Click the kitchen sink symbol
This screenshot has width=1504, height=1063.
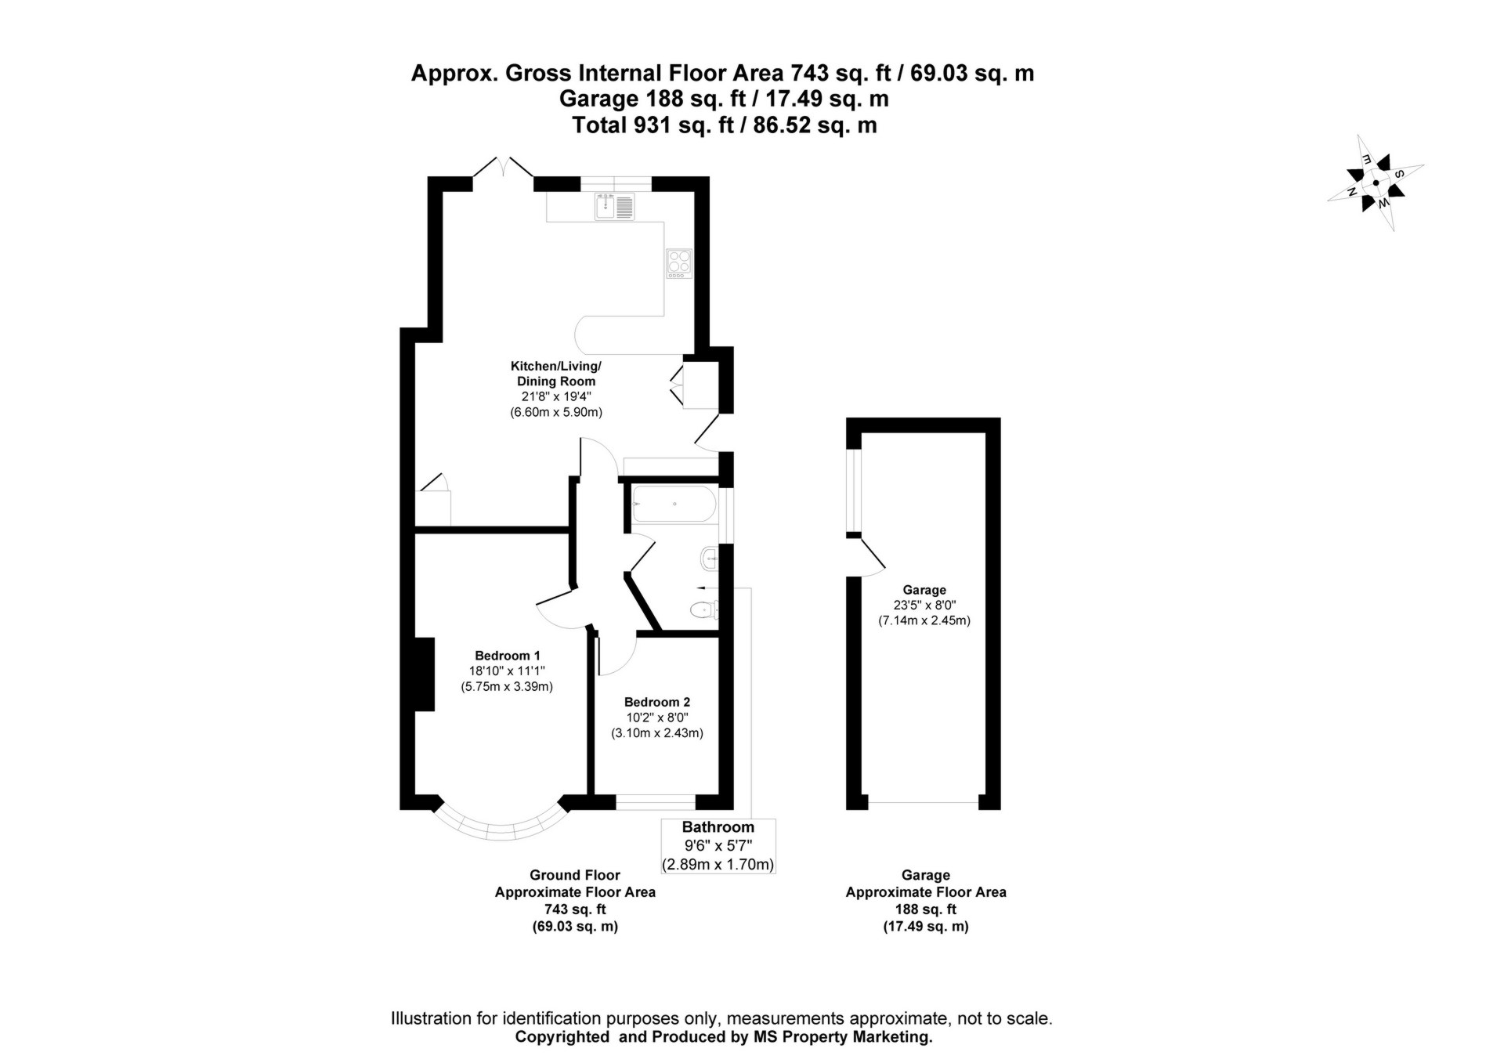614,208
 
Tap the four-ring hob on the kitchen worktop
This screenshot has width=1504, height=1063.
678,263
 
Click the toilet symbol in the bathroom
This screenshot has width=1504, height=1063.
703,609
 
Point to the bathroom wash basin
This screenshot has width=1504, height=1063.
707,559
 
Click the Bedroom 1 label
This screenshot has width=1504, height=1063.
507,656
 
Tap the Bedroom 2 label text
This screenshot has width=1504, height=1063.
656,702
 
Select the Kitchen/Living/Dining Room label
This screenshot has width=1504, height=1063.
555,374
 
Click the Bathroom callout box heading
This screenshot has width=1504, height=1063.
718,827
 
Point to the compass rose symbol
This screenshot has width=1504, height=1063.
1376,183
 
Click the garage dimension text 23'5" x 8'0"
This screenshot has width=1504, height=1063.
924,605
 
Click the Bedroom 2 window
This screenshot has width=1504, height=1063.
656,802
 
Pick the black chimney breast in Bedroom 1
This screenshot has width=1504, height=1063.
424,674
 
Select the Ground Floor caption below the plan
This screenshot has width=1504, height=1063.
574,875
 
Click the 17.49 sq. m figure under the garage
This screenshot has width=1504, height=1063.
925,927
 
